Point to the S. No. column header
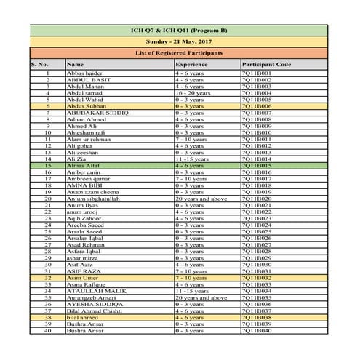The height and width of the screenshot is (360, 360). coord(39,65)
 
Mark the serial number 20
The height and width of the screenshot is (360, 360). coord(48,198)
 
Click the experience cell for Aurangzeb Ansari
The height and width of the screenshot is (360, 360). coord(201,297)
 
